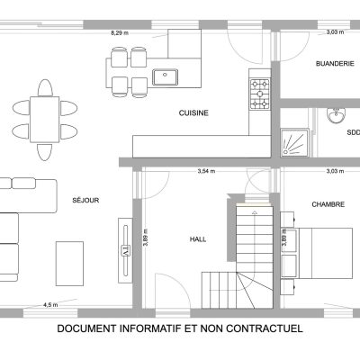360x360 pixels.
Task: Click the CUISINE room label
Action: (193, 113)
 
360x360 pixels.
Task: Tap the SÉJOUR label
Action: (85, 200)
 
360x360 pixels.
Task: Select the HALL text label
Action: (198, 239)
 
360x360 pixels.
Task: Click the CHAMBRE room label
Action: (328, 204)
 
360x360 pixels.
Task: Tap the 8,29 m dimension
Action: (120, 33)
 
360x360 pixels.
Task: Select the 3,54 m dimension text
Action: (206, 172)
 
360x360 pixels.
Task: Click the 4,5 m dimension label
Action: (50, 305)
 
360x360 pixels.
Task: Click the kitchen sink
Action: (165, 77)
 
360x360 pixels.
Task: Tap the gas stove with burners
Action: (260, 94)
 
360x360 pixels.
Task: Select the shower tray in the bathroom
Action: (294, 143)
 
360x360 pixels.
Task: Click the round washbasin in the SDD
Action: (337, 115)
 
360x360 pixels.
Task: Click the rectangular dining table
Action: (45, 120)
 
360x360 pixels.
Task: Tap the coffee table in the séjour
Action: (69, 264)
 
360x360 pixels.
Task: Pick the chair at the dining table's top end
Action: (45, 87)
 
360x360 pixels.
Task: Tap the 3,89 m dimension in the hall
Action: (146, 238)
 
